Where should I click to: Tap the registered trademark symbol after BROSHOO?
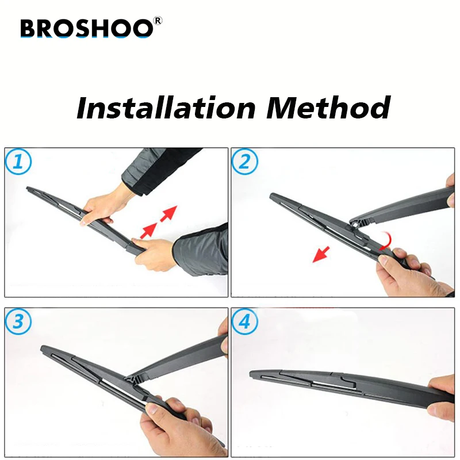click(x=159, y=21)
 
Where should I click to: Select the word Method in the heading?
click(x=327, y=108)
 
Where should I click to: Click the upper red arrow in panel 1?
click(x=168, y=213)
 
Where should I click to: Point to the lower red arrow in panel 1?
click(x=149, y=230)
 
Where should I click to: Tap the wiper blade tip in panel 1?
click(x=29, y=189)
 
